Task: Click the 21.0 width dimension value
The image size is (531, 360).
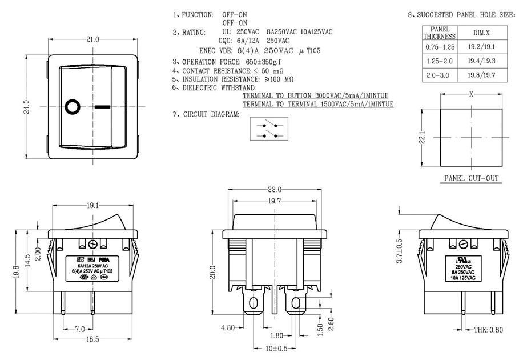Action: click(x=93, y=39)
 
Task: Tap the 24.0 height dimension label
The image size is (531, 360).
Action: click(x=27, y=107)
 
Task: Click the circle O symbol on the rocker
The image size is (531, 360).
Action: click(x=73, y=107)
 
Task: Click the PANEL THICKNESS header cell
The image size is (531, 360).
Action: click(x=439, y=33)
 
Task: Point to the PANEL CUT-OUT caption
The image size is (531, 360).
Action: click(x=471, y=178)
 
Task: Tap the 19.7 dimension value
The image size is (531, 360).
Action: click(x=276, y=201)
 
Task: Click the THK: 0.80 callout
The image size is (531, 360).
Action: click(x=489, y=330)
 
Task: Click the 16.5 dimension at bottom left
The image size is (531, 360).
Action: click(x=93, y=339)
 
